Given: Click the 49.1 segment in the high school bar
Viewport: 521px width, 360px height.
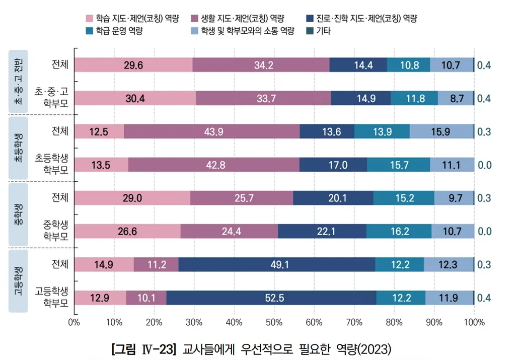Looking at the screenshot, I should (x=276, y=264).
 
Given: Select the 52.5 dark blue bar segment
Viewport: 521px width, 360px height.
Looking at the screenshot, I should (x=271, y=298).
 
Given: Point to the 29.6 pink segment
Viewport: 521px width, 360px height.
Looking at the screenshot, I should (x=133, y=65).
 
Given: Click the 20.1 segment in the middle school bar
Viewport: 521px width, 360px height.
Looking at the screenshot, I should (x=333, y=198).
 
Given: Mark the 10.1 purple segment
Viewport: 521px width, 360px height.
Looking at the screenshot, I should (x=146, y=298).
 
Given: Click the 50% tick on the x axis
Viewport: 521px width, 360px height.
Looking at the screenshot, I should (x=274, y=322).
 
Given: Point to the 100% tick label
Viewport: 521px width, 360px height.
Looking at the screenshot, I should (x=474, y=322).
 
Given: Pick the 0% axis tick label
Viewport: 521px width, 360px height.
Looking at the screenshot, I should (x=75, y=322).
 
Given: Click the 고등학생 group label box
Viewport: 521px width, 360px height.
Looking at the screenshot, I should (x=18, y=280).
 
